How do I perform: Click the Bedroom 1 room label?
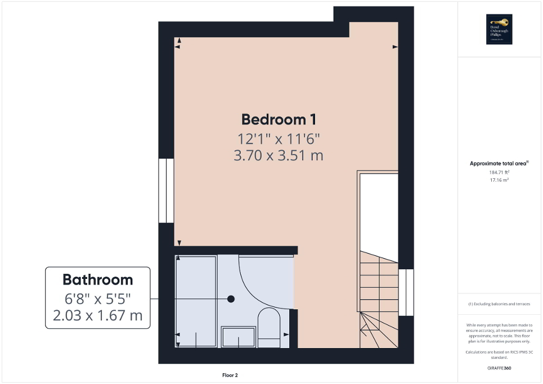click(279, 119)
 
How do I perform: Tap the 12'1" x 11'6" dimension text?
click(279, 138)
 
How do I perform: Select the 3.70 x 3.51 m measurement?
click(279, 155)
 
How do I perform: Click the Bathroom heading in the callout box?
click(97, 279)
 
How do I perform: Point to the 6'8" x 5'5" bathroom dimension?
click(97, 298)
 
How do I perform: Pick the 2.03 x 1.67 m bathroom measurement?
click(97, 316)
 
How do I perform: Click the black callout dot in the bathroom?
click(231, 299)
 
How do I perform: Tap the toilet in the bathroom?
click(269, 326)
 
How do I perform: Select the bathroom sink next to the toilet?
click(239, 337)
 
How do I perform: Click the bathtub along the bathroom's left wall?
click(196, 301)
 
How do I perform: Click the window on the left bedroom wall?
click(166, 191)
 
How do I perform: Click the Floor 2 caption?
click(230, 375)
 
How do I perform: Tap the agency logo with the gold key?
click(497, 29)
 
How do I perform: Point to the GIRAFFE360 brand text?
click(500, 368)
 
